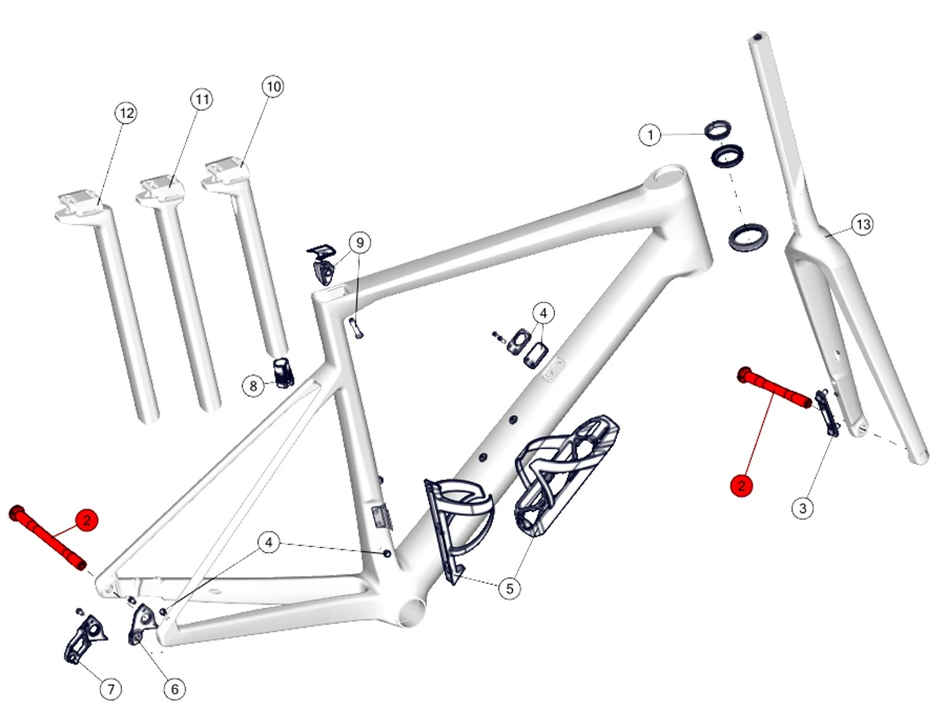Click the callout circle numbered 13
[863, 224]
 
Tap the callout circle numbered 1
[650, 135]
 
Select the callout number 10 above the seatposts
[273, 87]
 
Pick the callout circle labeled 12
[126, 113]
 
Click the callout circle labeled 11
[202, 99]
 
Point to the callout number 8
[253, 386]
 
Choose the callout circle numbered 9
[359, 243]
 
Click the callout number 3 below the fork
[802, 508]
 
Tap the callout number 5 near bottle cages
[509, 589]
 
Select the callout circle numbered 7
[111, 689]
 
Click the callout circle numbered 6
[174, 689]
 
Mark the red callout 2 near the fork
[741, 486]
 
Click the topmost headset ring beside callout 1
[718, 129]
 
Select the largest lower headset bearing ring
[747, 236]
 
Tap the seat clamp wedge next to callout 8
[284, 373]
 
